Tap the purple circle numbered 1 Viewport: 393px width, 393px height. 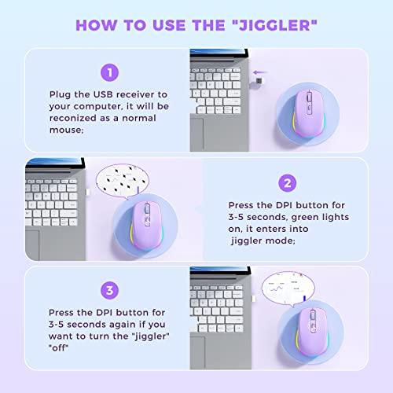point(109,73)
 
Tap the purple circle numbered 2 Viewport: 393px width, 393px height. point(288,182)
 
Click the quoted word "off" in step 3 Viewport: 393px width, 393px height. point(61,349)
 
